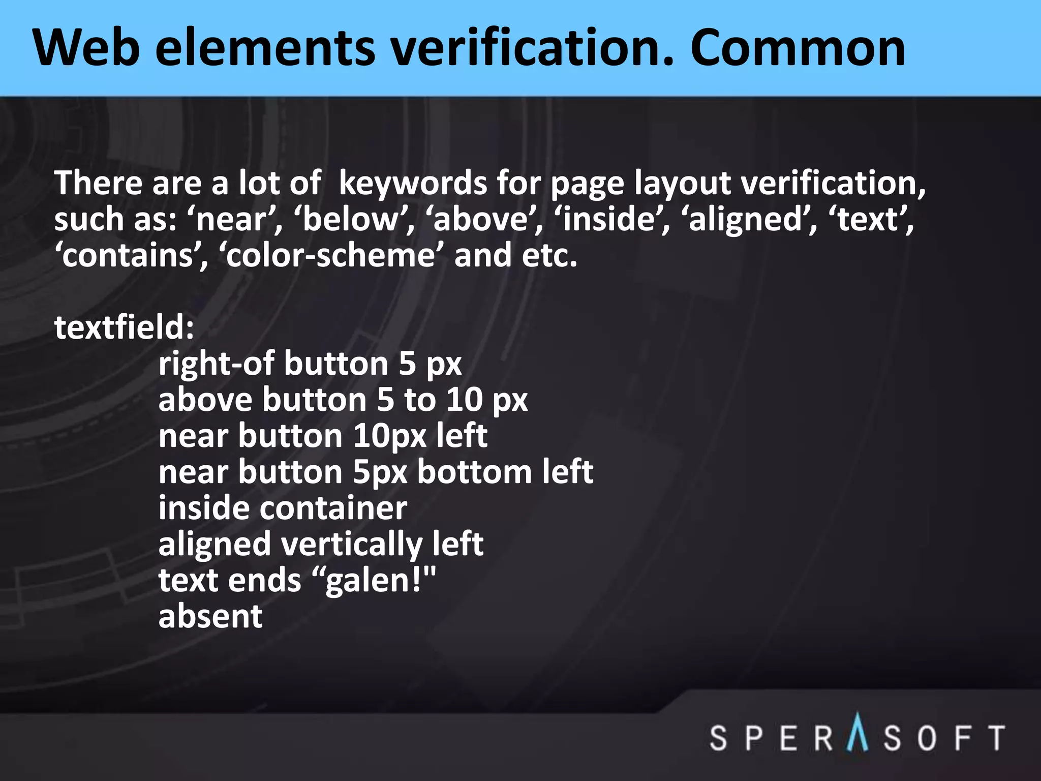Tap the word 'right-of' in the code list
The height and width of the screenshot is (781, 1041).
(217, 364)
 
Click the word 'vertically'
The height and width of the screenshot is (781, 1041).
(351, 545)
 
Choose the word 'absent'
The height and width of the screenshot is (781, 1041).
(210, 616)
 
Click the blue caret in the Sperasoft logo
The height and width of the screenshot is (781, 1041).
(858, 732)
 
